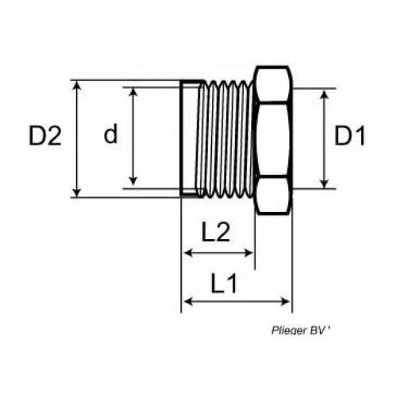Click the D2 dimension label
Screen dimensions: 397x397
(45, 136)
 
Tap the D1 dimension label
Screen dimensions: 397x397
(349, 137)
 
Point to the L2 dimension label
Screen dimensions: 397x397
(215, 232)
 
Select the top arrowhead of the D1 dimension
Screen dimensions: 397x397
(324, 93)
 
